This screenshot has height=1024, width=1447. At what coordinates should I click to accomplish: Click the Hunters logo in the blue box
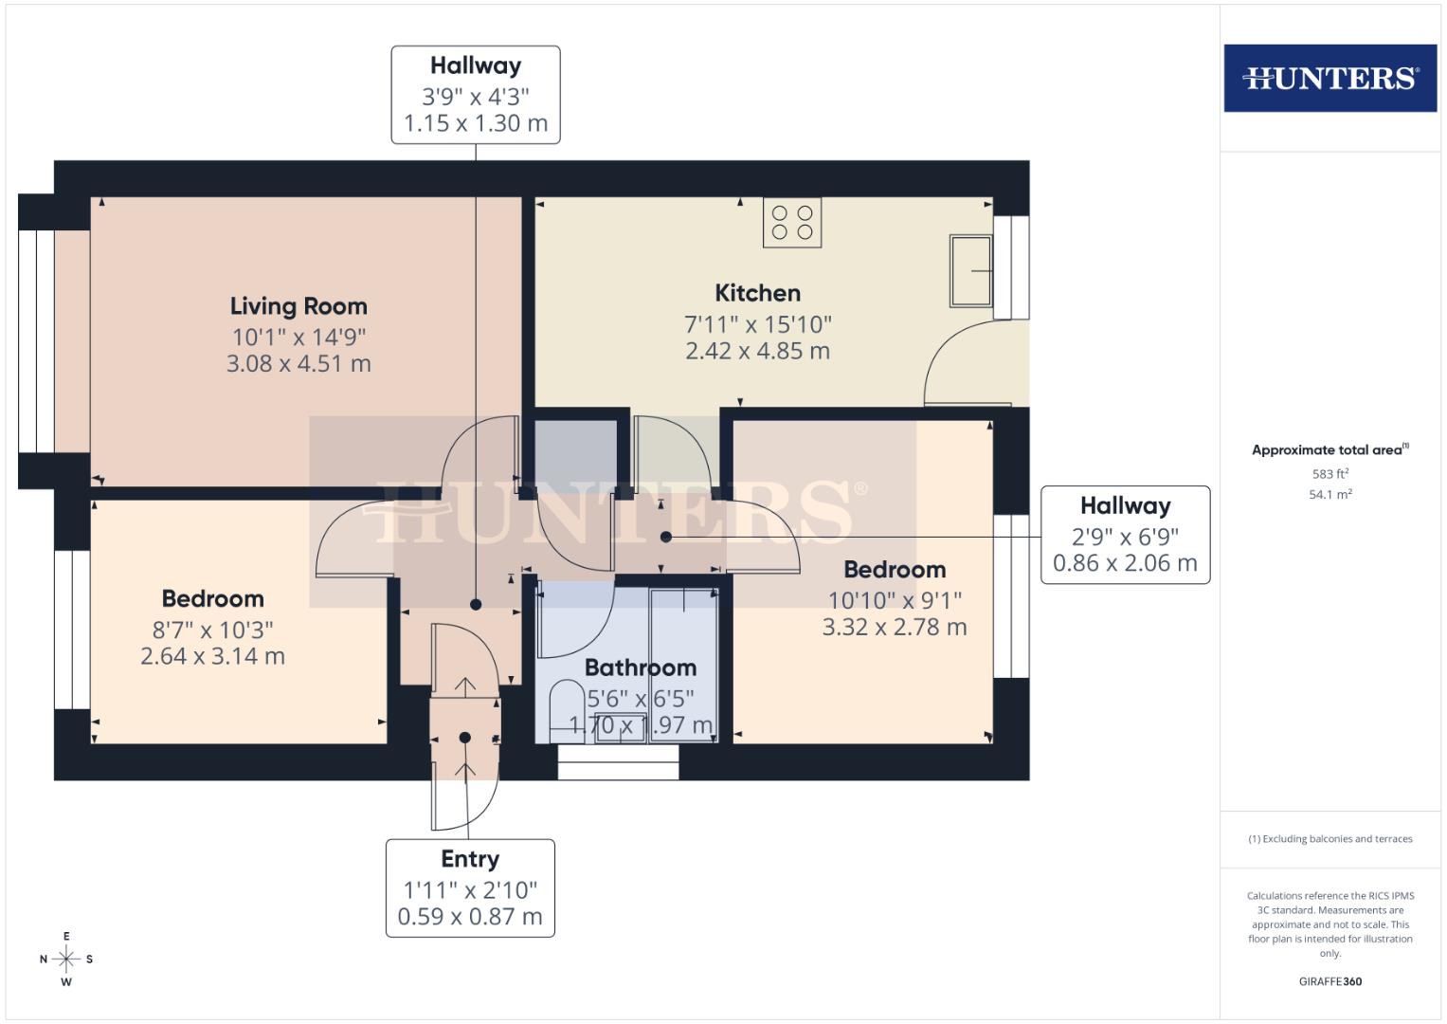pyautogui.click(x=1329, y=78)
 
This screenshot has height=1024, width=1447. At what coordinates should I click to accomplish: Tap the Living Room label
pyautogui.click(x=298, y=306)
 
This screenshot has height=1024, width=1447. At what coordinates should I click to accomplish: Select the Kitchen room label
pyautogui.click(x=757, y=293)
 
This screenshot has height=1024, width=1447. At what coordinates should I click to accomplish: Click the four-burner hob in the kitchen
pyautogui.click(x=792, y=223)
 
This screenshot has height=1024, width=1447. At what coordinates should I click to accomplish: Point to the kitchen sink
pyautogui.click(x=971, y=271)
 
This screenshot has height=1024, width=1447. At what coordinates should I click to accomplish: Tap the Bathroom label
pyautogui.click(x=640, y=667)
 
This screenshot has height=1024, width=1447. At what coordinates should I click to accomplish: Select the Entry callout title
pyautogui.click(x=470, y=859)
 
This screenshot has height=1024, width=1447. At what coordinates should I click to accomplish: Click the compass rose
pyautogui.click(x=66, y=959)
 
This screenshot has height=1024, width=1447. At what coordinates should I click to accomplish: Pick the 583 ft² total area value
pyautogui.click(x=1329, y=474)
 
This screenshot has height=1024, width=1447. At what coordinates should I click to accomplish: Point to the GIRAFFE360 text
pyautogui.click(x=1329, y=981)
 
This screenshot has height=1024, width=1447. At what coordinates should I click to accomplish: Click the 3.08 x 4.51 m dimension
pyautogui.click(x=298, y=364)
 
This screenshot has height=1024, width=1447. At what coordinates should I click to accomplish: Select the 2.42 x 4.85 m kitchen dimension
pyautogui.click(x=757, y=351)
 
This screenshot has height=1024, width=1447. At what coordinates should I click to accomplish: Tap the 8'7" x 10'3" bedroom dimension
pyautogui.click(x=212, y=630)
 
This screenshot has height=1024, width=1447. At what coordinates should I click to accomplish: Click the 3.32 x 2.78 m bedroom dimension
pyautogui.click(x=895, y=627)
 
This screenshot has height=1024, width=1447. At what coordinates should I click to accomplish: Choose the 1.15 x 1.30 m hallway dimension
pyautogui.click(x=476, y=123)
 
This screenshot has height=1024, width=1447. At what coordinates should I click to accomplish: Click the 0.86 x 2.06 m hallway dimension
pyautogui.click(x=1125, y=563)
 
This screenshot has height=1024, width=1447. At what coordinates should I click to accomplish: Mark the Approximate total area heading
pyautogui.click(x=1329, y=450)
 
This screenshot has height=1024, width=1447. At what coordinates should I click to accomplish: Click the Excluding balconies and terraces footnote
pyautogui.click(x=1329, y=839)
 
